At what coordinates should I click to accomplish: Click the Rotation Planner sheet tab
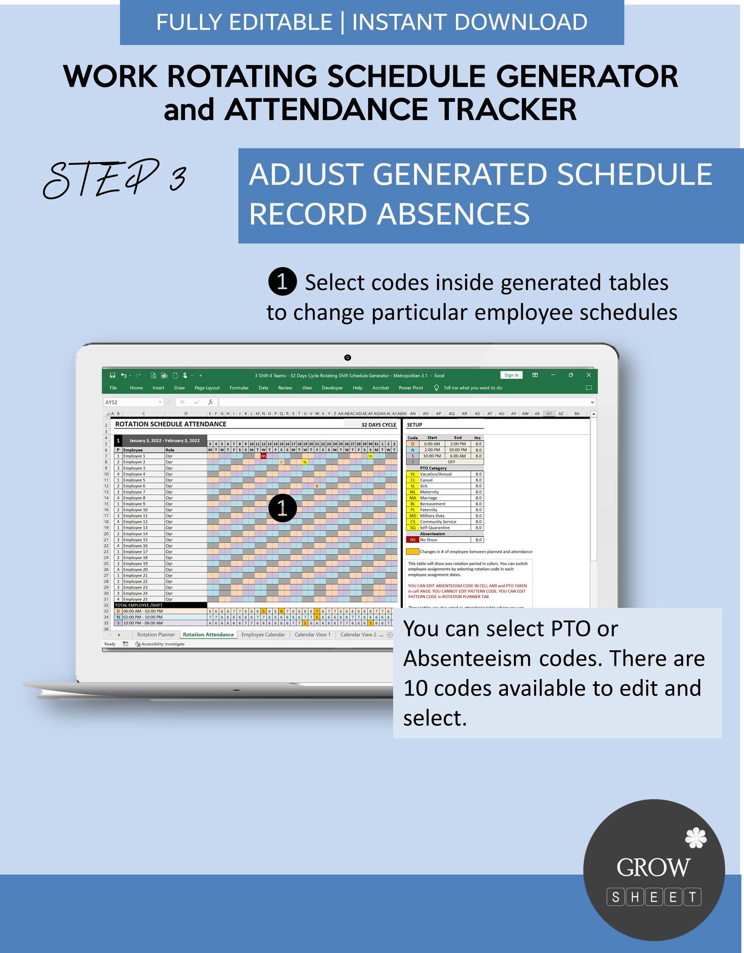[156, 635]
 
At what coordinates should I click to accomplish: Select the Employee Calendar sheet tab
[263, 635]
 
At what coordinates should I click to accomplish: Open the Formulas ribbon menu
[239, 388]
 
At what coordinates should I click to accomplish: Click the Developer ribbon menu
[332, 388]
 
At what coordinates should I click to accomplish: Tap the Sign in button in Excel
[511, 375]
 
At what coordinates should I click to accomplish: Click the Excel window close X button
[589, 375]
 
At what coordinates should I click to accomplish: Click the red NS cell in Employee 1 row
[263, 456]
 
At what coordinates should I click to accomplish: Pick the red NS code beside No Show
[413, 540]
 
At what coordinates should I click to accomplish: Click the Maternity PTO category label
[429, 492]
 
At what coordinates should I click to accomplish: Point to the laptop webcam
[348, 358]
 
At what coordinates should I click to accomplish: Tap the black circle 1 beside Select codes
[282, 282]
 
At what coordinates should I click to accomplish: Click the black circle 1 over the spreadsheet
[283, 508]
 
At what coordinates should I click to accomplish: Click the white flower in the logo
[696, 838]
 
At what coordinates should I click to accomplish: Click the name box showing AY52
[132, 402]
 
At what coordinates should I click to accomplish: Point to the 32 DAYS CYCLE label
[379, 425]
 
